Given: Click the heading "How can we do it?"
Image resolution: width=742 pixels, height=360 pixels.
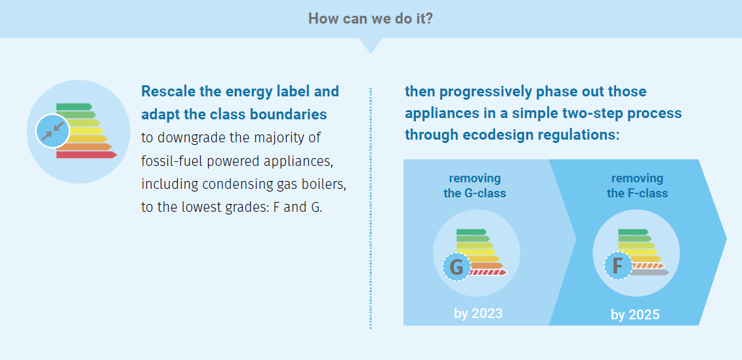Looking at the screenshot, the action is (371, 18).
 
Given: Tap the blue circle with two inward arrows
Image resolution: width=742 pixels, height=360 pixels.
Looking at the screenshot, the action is (52, 131).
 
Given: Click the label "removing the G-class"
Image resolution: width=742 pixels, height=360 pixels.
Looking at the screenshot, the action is (474, 186).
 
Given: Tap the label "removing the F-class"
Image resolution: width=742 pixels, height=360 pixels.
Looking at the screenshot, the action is (638, 186).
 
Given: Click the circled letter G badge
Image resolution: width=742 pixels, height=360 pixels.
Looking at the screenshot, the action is (457, 267).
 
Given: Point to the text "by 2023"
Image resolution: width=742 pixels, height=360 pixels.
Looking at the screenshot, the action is (478, 313).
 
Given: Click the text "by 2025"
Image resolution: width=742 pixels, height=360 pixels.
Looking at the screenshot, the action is (635, 315).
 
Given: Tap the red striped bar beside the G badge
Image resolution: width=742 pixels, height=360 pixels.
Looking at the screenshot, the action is (488, 272).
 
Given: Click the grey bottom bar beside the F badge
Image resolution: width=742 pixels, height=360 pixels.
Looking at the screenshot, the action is (651, 272).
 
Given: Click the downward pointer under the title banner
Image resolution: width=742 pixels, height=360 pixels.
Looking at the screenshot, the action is (371, 45).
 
